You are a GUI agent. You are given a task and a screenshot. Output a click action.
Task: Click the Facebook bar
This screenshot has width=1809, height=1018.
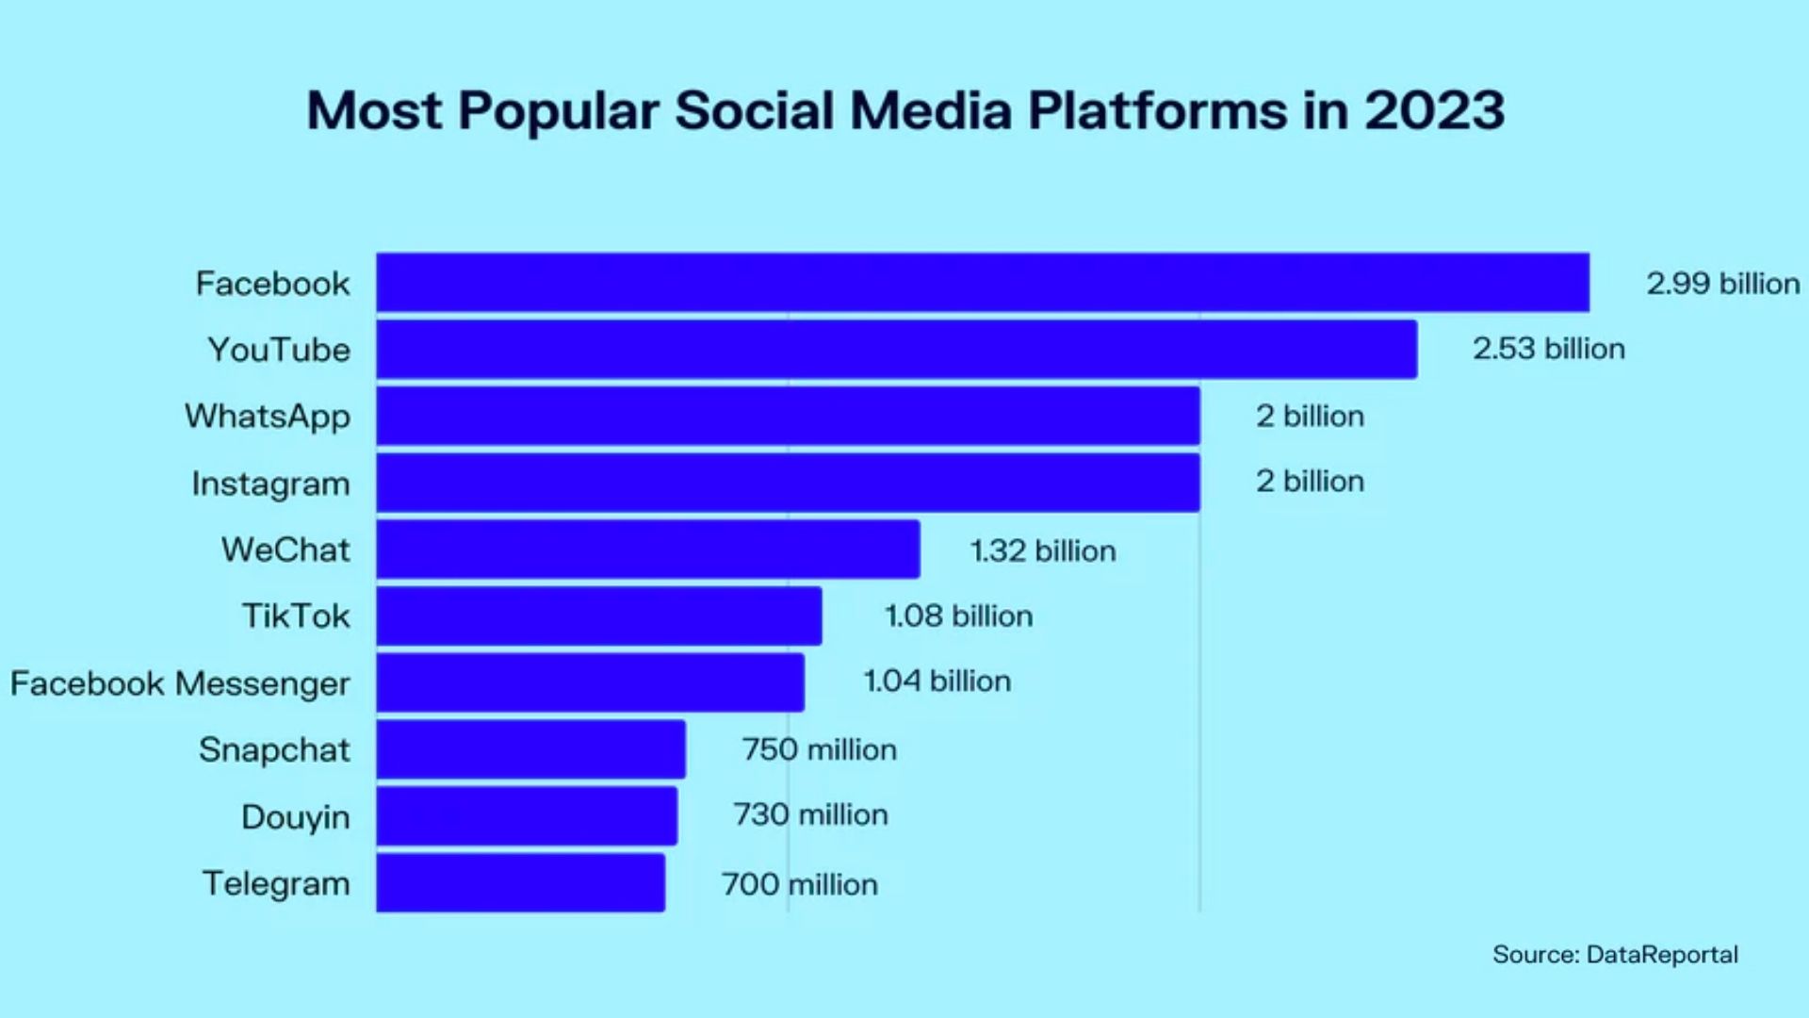983,282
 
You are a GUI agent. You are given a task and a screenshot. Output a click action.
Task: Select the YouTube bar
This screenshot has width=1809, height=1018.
896,349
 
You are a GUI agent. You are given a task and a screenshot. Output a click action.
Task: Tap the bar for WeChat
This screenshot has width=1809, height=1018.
648,549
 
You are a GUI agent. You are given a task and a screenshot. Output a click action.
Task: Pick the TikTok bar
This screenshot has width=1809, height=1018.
598,616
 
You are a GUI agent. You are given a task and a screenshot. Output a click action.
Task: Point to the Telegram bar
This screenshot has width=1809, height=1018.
520,882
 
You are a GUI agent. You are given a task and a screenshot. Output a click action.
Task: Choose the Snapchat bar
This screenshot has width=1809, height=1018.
530,748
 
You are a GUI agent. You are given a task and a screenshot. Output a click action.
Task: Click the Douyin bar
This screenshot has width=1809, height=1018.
526,815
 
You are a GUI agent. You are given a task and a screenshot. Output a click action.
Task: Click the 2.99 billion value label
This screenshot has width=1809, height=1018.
1722,283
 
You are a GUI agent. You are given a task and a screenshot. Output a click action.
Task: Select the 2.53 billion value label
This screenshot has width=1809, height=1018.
1549,349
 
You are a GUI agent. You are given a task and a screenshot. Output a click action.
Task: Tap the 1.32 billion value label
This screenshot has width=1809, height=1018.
1043,550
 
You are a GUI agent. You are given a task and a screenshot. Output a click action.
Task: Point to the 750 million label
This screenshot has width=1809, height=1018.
819,749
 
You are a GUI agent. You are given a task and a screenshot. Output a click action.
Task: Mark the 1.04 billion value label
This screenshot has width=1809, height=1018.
937,681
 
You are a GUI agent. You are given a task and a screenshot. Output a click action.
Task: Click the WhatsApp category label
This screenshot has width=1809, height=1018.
268,416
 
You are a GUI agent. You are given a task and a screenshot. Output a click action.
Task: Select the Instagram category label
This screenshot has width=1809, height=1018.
270,484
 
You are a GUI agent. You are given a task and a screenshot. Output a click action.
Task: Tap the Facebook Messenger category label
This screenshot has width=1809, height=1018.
180,683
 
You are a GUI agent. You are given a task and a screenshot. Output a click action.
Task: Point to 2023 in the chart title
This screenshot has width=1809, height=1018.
1434,110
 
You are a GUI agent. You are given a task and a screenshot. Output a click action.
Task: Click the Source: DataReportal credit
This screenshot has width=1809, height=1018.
1615,954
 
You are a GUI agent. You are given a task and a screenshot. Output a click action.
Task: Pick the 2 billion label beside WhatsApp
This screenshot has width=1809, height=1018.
1310,416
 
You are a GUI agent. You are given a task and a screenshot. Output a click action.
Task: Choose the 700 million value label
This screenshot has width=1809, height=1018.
799,884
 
